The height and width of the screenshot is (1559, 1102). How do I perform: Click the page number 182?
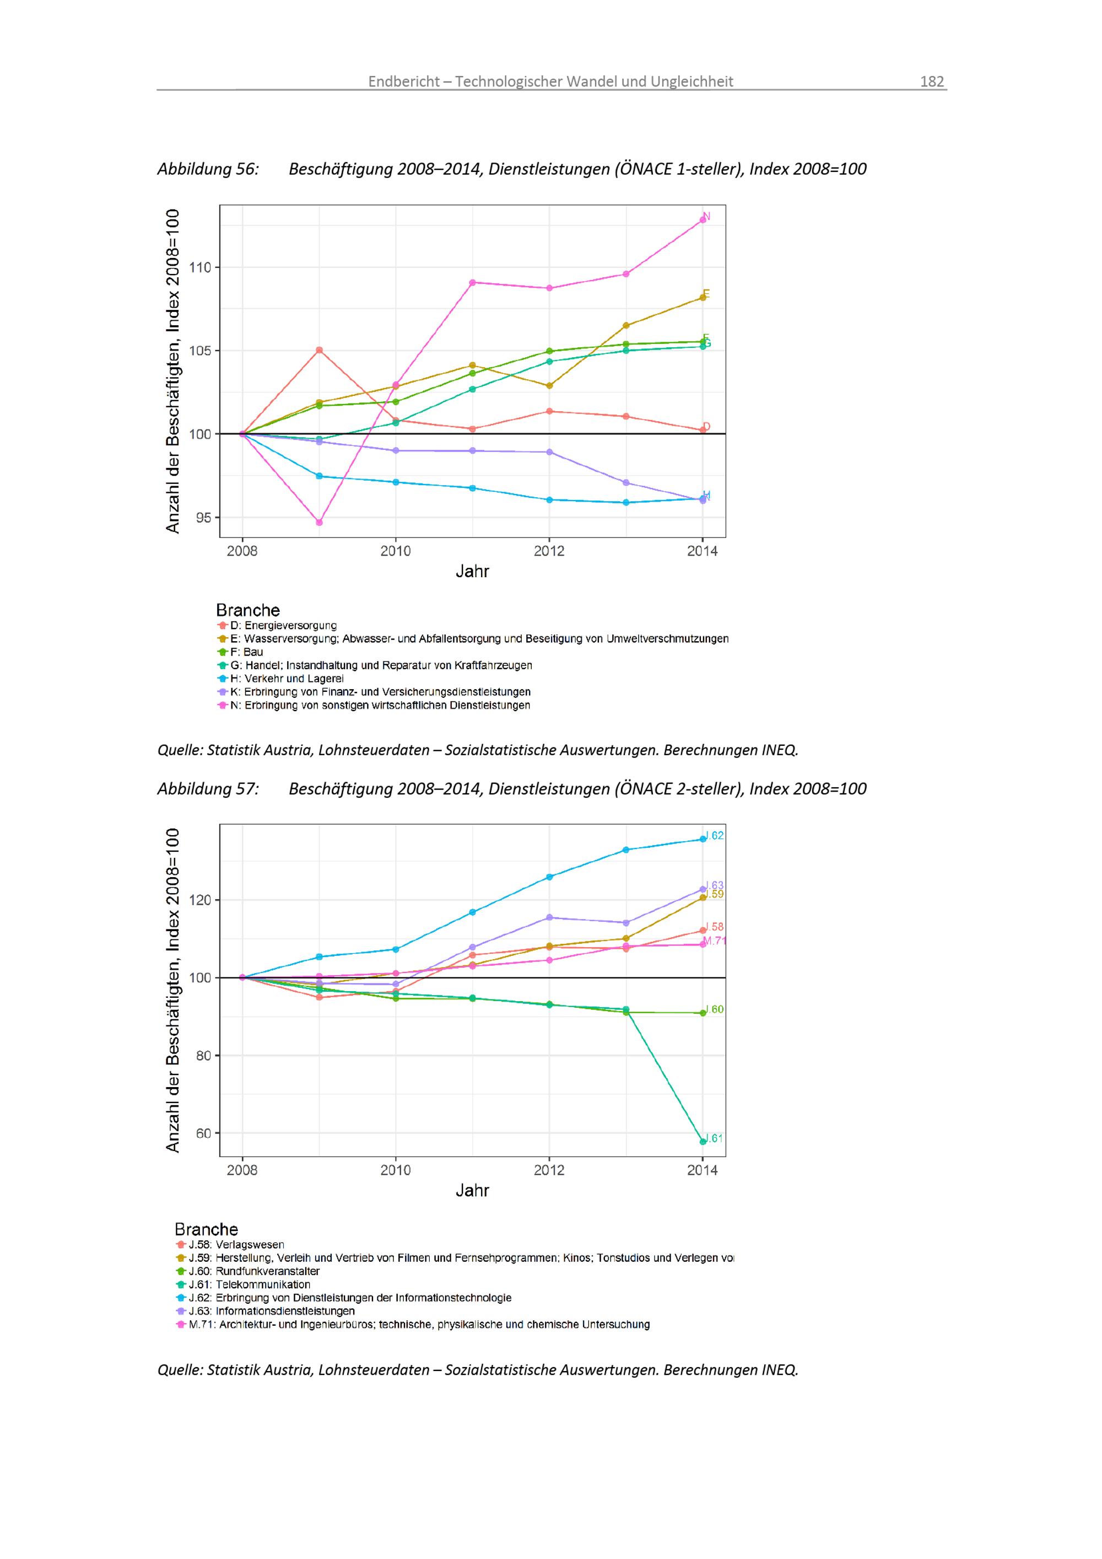(932, 82)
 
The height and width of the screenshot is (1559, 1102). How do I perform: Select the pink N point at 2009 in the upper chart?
(319, 522)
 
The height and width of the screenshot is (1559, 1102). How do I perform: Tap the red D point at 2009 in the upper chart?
(319, 351)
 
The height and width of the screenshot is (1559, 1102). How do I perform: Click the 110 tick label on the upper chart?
(200, 267)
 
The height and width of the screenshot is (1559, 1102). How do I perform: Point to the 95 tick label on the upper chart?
(203, 518)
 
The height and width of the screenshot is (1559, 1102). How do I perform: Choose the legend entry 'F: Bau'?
(246, 652)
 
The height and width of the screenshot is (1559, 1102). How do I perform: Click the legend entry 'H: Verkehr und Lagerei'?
(287, 678)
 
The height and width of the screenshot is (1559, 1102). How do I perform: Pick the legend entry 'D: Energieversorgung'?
(283, 625)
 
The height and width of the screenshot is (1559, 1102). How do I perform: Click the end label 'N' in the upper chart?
(706, 217)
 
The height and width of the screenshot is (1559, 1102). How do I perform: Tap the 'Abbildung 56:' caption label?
(208, 169)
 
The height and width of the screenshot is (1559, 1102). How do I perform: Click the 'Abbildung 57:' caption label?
(208, 788)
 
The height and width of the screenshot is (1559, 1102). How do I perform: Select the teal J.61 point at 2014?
(703, 1141)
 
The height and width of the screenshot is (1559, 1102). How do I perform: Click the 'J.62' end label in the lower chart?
(715, 835)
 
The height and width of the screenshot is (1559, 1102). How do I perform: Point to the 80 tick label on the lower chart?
(203, 1055)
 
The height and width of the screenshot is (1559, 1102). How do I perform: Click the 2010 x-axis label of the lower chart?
(396, 1170)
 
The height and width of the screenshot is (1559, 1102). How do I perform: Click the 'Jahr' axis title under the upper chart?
(472, 571)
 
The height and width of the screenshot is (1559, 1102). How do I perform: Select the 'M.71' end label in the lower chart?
(715, 941)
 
